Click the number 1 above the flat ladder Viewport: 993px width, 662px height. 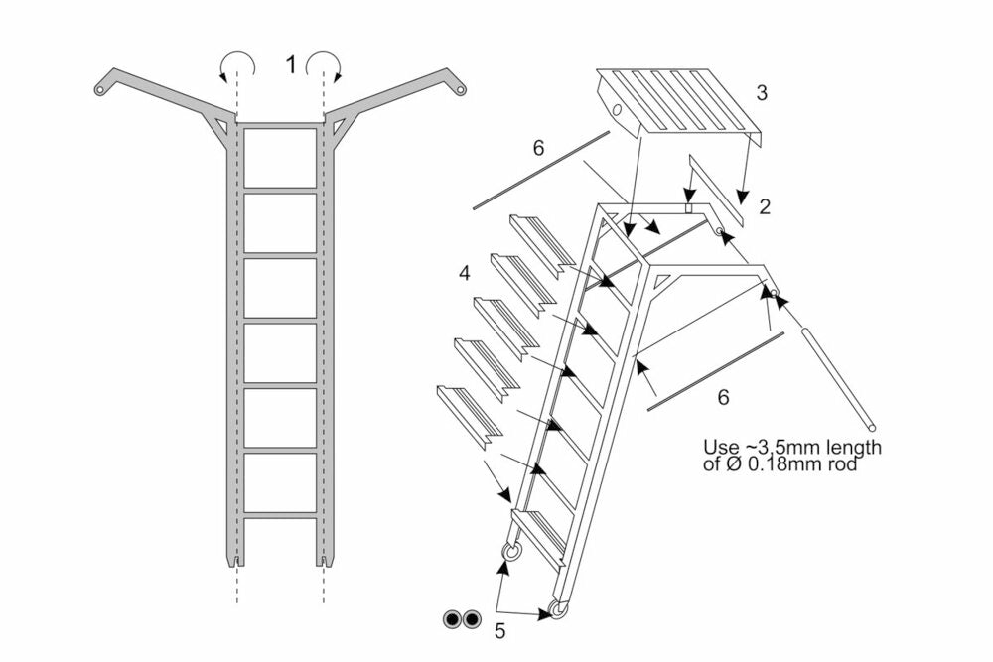[291, 66]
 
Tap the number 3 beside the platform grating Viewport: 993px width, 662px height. [762, 94]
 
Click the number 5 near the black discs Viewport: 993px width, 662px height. [500, 629]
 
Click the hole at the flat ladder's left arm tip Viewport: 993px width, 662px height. [99, 90]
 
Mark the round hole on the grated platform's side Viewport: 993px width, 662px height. [617, 109]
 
